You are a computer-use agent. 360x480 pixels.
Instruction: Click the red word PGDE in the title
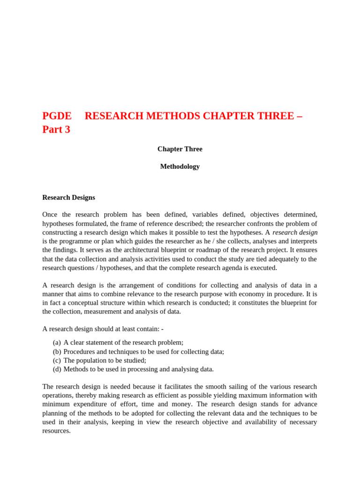(x=57, y=116)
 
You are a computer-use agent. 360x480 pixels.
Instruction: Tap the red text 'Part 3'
(x=56, y=129)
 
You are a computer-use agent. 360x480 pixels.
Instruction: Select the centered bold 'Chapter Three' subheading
(x=180, y=149)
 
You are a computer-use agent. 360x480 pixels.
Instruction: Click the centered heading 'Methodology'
(x=180, y=166)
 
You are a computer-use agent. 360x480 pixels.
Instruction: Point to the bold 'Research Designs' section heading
(x=68, y=197)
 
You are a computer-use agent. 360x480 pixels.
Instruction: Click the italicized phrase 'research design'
(x=295, y=232)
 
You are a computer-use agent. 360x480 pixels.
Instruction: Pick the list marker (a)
(x=57, y=343)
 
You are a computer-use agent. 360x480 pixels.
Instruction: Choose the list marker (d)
(x=57, y=369)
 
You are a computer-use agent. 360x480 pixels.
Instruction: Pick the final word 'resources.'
(x=56, y=431)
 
